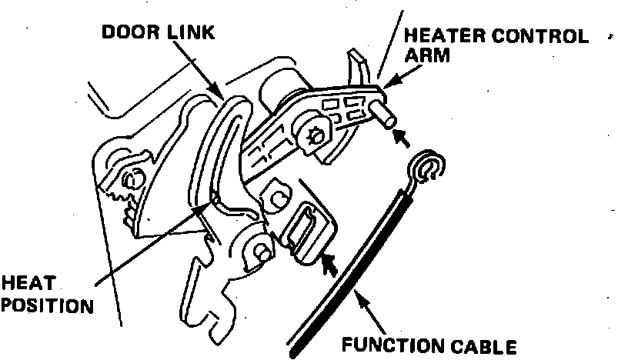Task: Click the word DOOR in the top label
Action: click(x=129, y=33)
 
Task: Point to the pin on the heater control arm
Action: click(x=384, y=112)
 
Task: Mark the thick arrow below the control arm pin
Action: click(x=401, y=138)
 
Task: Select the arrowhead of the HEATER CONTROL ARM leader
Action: click(x=386, y=80)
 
